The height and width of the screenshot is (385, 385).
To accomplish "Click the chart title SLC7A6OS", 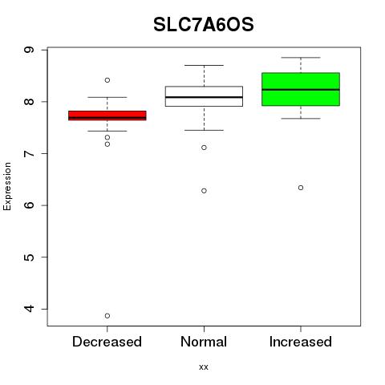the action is click(204, 25).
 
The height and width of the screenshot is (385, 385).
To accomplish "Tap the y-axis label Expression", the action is click(7, 186).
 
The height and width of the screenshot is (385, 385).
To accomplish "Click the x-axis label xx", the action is click(204, 367).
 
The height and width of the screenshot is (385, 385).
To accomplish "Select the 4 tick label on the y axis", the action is click(30, 309).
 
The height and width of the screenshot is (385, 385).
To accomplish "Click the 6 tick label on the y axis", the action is click(30, 205).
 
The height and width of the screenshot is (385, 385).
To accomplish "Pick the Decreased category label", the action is click(107, 342).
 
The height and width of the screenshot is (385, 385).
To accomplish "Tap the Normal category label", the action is click(204, 342).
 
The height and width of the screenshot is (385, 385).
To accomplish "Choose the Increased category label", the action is click(301, 342).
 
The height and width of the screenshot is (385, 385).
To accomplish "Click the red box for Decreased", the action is click(107, 115).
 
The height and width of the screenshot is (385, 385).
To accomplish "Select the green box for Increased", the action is click(301, 89).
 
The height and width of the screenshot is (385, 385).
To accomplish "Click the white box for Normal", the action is click(204, 96).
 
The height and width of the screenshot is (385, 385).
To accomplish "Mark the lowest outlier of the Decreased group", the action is click(107, 316).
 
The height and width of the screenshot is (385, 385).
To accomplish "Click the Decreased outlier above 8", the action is click(107, 80).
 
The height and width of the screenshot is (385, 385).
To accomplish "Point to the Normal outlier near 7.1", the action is click(204, 148).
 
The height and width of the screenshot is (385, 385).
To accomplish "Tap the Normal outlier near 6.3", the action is click(204, 191).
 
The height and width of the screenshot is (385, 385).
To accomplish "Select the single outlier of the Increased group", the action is click(301, 188).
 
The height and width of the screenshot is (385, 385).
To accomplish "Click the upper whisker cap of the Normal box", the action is click(204, 65).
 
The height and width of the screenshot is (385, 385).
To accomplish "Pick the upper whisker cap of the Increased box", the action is click(301, 58).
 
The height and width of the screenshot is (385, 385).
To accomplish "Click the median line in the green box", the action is click(301, 90).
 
